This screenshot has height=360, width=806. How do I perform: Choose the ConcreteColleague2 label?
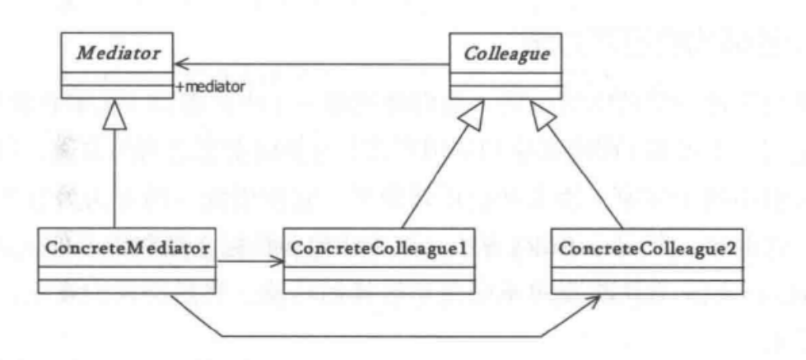point(647,245)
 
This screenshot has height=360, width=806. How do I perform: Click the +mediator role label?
point(211,86)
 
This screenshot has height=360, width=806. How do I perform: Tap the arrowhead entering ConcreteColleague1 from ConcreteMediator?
point(277,264)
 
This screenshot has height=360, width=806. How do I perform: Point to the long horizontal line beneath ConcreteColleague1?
point(379,335)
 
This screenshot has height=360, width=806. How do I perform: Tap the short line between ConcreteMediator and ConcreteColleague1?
point(243,264)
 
